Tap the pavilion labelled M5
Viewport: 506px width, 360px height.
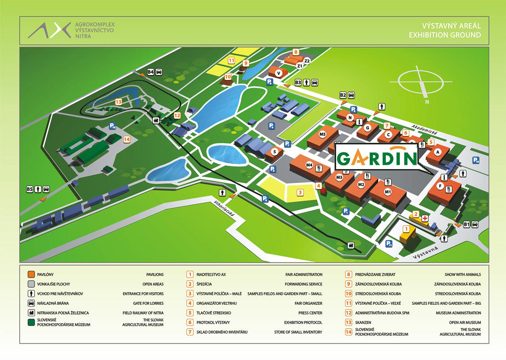322,134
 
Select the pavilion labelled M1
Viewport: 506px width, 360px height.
388,192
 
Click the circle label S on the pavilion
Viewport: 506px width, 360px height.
275,151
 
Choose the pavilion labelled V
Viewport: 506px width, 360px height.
278,73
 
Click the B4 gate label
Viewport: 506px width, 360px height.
150,71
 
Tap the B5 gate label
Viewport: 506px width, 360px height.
30,189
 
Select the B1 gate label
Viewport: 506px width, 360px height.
466,224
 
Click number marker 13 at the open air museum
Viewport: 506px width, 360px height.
119,102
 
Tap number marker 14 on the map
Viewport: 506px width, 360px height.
126,139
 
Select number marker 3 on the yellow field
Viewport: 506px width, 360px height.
300,192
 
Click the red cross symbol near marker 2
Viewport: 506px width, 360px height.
425,217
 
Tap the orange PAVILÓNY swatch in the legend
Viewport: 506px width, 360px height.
31,274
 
